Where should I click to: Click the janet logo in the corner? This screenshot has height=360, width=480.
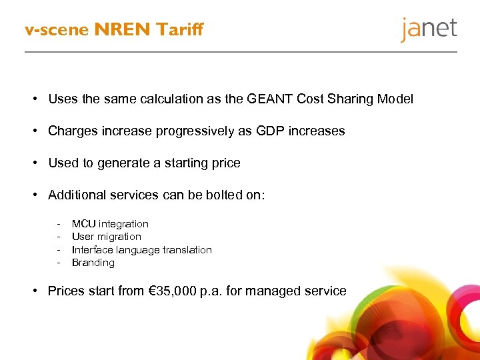point(429,30)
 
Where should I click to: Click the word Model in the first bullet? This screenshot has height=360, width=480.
point(395,99)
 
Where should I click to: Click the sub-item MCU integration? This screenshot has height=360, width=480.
point(110,224)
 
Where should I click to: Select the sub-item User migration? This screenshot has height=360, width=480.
point(107,237)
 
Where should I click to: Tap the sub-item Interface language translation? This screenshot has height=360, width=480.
point(142,250)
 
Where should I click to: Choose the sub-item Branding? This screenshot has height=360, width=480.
point(93,263)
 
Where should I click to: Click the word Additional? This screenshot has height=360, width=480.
point(75,195)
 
